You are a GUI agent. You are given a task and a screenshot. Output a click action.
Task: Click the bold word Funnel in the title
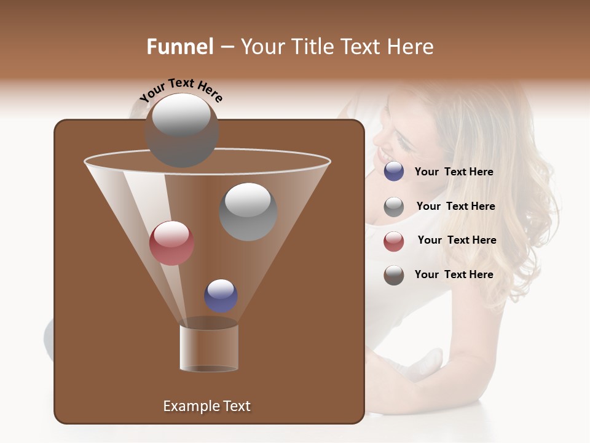pyautogui.click(x=179, y=47)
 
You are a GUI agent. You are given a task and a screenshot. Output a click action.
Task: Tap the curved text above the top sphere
pyautogui.click(x=181, y=90)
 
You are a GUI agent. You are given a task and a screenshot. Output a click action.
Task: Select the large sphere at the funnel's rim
pyautogui.click(x=181, y=130)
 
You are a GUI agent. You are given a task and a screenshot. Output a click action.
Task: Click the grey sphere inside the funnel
pyautogui.click(x=248, y=211)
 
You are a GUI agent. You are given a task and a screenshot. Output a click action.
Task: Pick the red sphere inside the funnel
pyautogui.click(x=171, y=243)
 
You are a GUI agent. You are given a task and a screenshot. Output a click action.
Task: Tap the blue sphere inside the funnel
pyautogui.click(x=221, y=295)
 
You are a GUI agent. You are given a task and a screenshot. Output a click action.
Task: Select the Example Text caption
pyautogui.click(x=206, y=406)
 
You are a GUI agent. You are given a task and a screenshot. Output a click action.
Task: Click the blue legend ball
pyautogui.click(x=394, y=172)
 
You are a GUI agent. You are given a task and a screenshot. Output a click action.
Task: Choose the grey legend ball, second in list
pyautogui.click(x=394, y=207)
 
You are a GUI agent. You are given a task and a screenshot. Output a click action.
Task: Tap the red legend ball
pyautogui.click(x=394, y=241)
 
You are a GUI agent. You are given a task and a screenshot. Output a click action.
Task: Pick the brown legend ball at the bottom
pyautogui.click(x=394, y=275)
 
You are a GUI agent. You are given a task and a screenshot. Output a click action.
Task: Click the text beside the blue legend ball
pyautogui.click(x=454, y=172)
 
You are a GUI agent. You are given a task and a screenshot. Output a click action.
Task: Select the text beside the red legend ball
pyautogui.click(x=457, y=241)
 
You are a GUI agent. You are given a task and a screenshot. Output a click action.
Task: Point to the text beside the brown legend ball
pyautogui.click(x=454, y=274)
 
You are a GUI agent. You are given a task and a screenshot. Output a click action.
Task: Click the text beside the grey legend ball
pyautogui.click(x=455, y=207)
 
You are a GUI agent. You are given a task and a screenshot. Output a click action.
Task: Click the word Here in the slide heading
pyautogui.click(x=412, y=47)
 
